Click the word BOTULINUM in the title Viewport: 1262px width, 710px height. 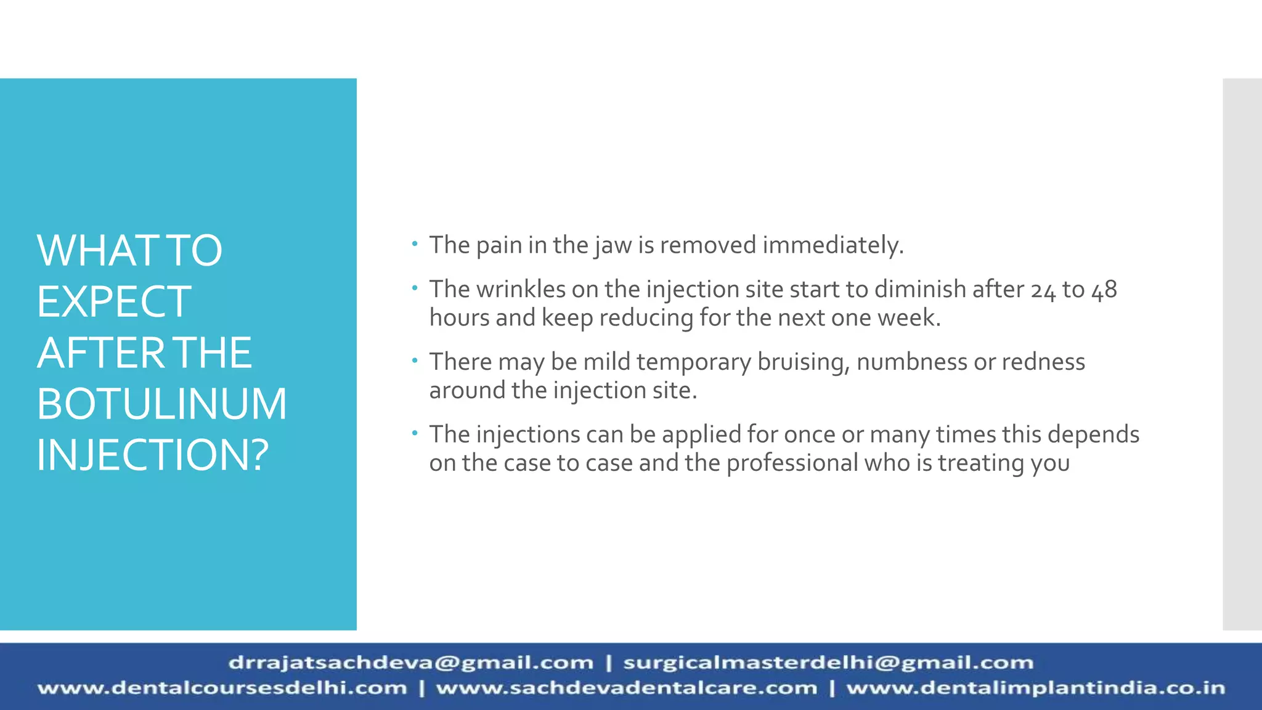pyautogui.click(x=161, y=404)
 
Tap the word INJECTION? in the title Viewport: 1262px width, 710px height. pyautogui.click(x=153, y=455)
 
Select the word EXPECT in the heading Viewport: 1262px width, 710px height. pyautogui.click(x=114, y=301)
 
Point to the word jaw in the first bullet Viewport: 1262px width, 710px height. pyautogui.click(x=613, y=245)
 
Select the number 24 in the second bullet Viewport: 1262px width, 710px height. pyautogui.click(x=1043, y=290)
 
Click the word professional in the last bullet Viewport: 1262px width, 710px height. pyautogui.click(x=792, y=463)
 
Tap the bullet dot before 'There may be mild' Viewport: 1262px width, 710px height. pyautogui.click(x=415, y=359)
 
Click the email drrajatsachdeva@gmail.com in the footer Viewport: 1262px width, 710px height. pyautogui.click(x=410, y=663)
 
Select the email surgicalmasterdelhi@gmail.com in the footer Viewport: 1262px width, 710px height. pyautogui.click(x=828, y=663)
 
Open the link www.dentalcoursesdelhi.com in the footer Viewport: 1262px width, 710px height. pyautogui.click(x=222, y=688)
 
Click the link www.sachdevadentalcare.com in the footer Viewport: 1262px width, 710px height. pyautogui.click(x=626, y=688)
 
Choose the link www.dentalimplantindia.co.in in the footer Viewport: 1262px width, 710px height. pyautogui.click(x=1035, y=688)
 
